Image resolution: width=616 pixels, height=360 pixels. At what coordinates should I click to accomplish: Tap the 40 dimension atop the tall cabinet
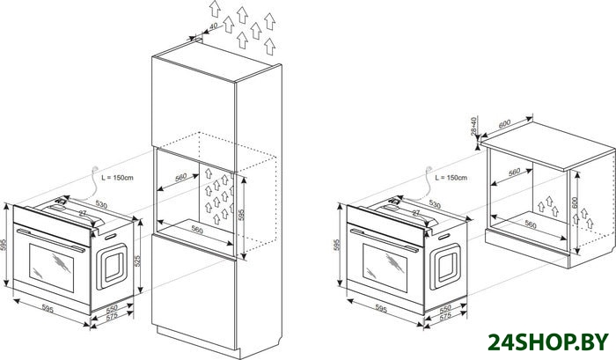pos(214,26)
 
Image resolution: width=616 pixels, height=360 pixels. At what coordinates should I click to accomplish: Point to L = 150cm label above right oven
pos(451,178)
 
